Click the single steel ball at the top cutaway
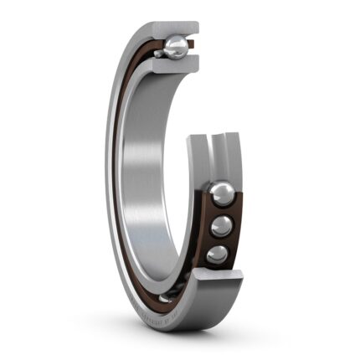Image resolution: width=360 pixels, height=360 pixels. (177, 46)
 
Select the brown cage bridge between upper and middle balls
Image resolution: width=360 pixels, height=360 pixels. (224, 211)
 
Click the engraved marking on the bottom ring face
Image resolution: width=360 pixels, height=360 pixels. (172, 315)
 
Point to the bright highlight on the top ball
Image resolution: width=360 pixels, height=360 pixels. (174, 43)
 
